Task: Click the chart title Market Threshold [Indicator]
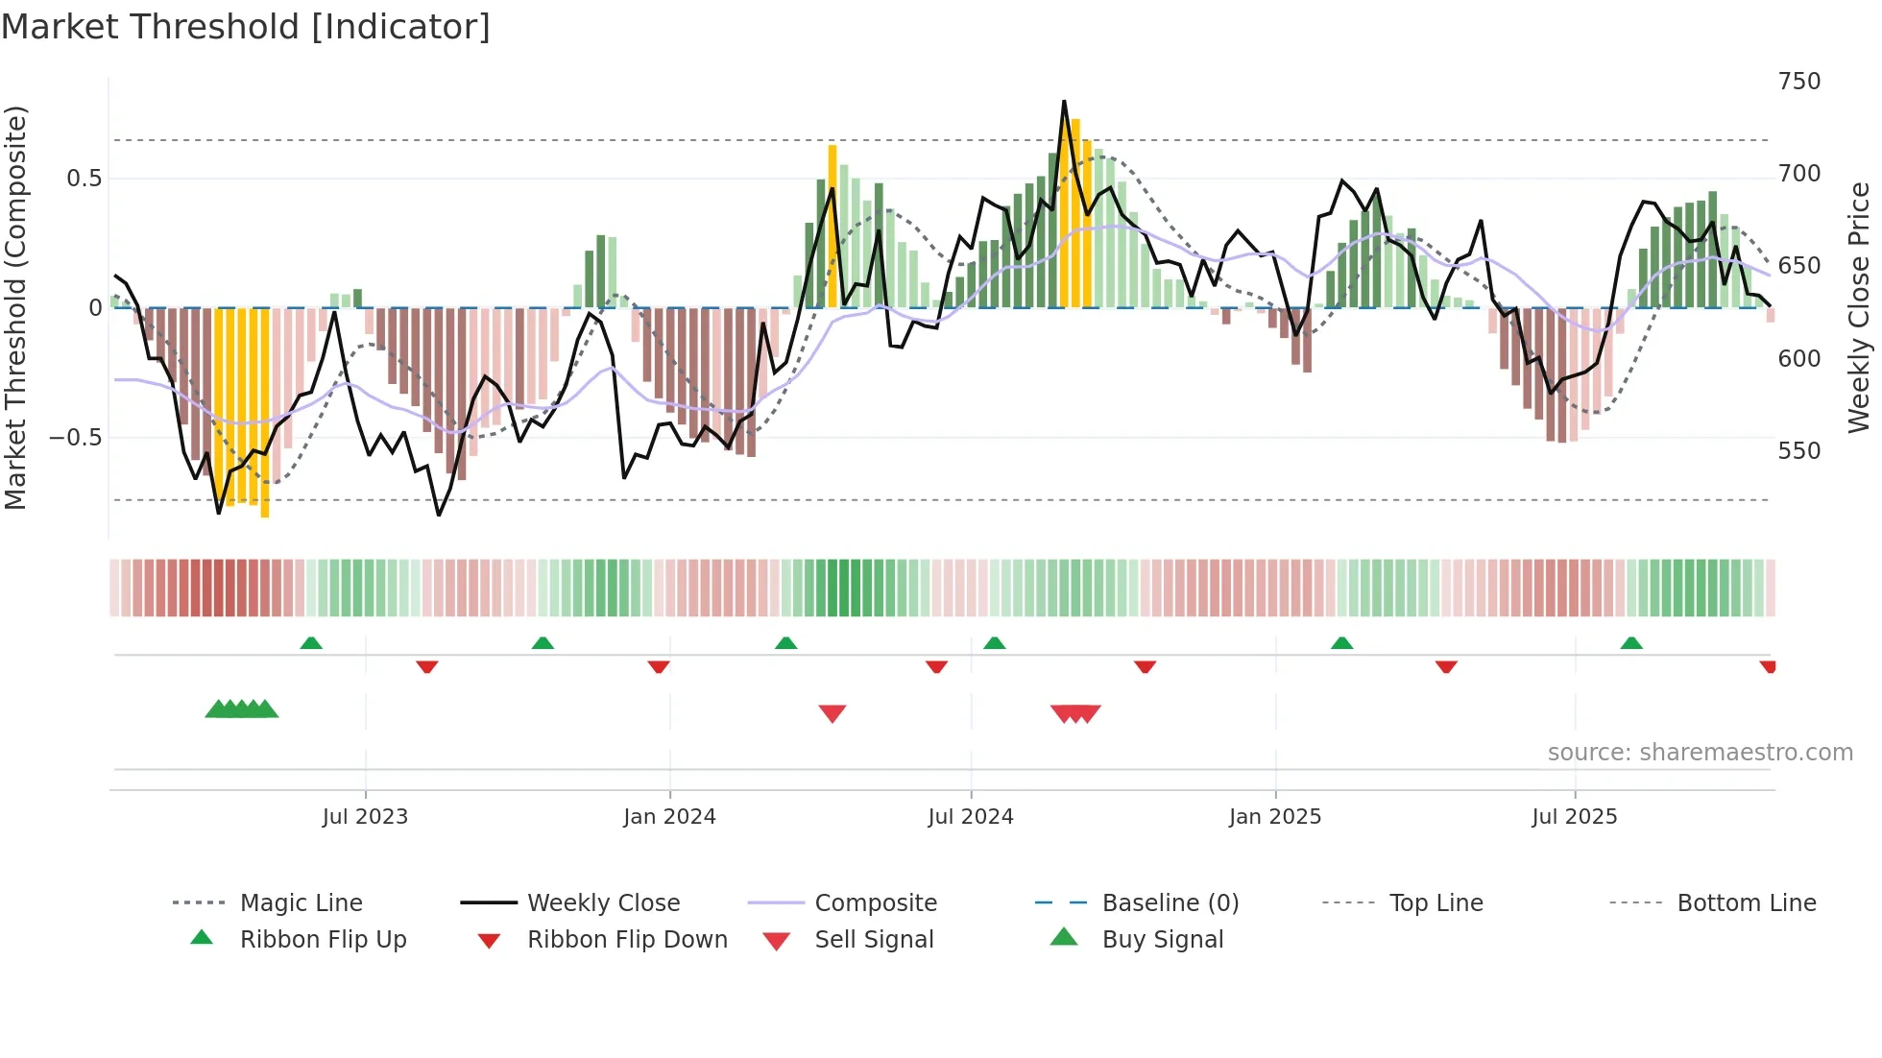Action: tap(246, 27)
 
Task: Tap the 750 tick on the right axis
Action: tap(1798, 82)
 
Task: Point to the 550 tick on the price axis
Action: tap(1798, 451)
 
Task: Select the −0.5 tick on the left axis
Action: tap(76, 438)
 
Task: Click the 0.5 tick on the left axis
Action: tap(84, 179)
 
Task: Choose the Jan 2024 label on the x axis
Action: tap(669, 817)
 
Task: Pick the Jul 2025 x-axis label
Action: tap(1574, 817)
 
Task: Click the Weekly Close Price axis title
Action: tap(1859, 307)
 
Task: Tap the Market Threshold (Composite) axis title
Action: tap(15, 307)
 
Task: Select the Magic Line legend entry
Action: tap(301, 903)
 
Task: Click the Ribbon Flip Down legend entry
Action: tap(627, 940)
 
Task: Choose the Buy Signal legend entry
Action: tap(1162, 940)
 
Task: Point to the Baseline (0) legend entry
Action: tap(1170, 903)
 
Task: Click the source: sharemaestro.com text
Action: tap(1700, 753)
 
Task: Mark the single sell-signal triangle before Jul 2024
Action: tap(832, 713)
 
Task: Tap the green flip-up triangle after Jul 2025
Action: tap(1631, 643)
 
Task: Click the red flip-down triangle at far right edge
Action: tap(1768, 666)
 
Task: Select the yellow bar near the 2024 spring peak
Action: tap(832, 226)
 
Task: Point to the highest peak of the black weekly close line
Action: tap(1064, 101)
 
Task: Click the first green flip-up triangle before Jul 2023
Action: tap(311, 643)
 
